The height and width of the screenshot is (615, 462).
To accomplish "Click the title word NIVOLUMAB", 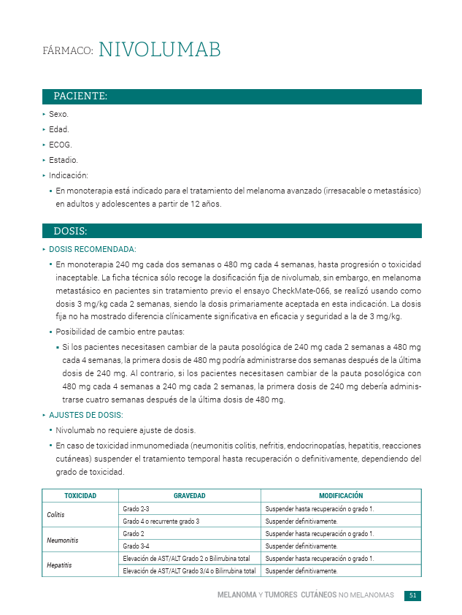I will point(159,50).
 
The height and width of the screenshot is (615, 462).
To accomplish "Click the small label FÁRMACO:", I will point(67,51).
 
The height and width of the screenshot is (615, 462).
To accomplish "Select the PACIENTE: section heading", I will point(80,96).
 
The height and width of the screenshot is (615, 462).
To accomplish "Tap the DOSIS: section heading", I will point(70,232).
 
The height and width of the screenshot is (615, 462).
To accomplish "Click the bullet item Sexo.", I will point(58,115).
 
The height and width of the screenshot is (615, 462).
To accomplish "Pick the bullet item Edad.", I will point(58,129).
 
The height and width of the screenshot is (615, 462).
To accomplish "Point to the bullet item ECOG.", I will point(60,145).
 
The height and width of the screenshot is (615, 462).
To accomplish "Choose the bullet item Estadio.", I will point(63,160).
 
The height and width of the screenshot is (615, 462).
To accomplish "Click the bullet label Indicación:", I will point(68,175).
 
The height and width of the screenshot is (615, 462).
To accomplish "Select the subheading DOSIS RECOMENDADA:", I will point(92,250).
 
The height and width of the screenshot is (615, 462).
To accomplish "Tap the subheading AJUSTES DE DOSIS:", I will point(85,415).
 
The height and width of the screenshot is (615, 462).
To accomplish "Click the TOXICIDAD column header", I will point(80,496).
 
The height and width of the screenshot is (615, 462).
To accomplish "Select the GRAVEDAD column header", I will point(189,496).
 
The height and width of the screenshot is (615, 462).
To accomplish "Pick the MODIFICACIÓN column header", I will point(341,496).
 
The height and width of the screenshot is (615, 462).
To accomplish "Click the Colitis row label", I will point(56,515).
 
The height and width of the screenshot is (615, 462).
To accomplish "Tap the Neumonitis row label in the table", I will point(62,540).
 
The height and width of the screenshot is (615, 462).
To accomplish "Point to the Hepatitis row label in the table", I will point(59,565).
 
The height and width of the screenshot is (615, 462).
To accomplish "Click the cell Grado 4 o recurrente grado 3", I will point(161,522).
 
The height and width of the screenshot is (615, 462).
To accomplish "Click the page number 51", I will point(412,596).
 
